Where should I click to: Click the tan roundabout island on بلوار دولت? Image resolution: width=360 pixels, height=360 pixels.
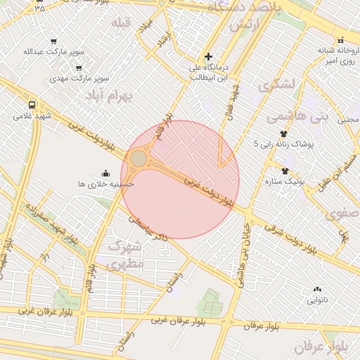coord(139,158)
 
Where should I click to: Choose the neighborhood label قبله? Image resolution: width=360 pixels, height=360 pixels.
coord(121,22)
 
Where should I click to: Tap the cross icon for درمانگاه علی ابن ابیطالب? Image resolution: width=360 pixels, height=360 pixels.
coord(208,56)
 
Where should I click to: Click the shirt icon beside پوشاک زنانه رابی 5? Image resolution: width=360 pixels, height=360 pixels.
coord(283,133)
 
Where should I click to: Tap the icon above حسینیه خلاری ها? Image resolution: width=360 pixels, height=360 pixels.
coord(106,173)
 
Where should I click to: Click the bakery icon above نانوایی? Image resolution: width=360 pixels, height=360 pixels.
coord(317,289)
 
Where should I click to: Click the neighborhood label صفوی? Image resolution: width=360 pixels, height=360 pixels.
coord(344,212)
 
